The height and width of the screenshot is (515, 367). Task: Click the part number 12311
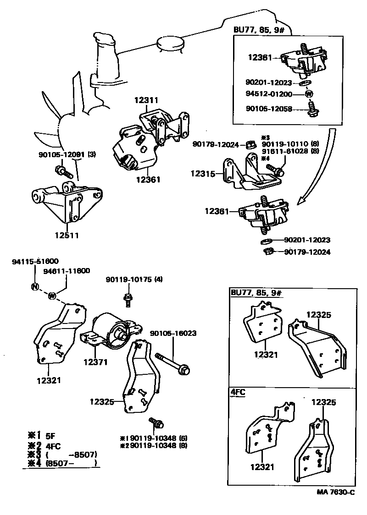point(146,99)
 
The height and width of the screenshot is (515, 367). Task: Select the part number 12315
point(202,174)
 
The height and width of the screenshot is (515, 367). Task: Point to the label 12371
point(95,362)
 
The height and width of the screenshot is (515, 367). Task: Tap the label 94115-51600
point(35,261)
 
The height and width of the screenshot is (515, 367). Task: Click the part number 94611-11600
point(67,272)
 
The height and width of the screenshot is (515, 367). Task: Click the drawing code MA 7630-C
point(336,492)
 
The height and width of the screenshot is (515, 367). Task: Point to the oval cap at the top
point(170,43)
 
